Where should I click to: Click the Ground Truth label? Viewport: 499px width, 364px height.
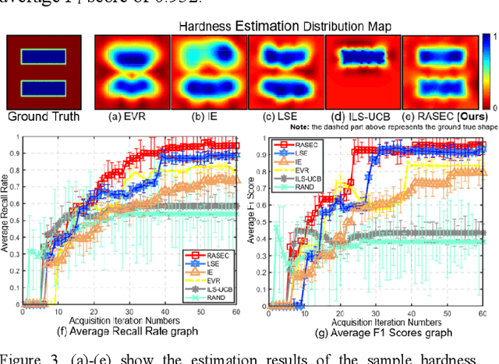click(44, 117)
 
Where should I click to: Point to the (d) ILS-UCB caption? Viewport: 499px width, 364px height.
click(357, 117)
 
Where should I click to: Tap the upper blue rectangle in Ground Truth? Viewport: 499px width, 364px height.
click(44, 58)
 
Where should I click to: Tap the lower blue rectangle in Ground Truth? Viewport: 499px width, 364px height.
click(44, 88)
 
